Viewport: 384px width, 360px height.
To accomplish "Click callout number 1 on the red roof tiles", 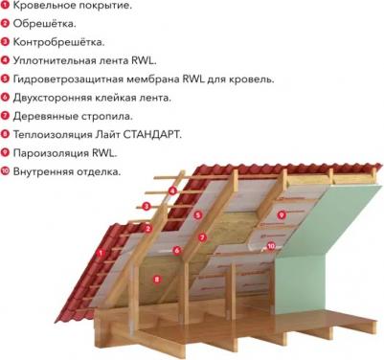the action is coord(100,253).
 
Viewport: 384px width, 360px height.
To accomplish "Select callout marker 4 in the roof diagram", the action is coord(172,191).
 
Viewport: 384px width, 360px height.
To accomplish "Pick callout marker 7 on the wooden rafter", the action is coord(202,236).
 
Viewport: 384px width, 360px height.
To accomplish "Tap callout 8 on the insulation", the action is coord(157,279).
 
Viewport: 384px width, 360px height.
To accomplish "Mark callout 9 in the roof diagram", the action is coord(282,215).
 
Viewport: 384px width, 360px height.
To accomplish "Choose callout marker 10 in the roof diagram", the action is coord(271,246).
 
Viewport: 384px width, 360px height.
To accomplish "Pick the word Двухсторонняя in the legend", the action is coord(56,98).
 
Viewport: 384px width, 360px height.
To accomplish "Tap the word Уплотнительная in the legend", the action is coord(59,61).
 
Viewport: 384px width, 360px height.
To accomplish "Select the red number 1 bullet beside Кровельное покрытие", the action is coord(6,6).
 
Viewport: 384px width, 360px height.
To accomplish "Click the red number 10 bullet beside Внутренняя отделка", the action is coord(6,172).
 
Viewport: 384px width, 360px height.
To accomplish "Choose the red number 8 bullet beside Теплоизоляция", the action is coord(6,135).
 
